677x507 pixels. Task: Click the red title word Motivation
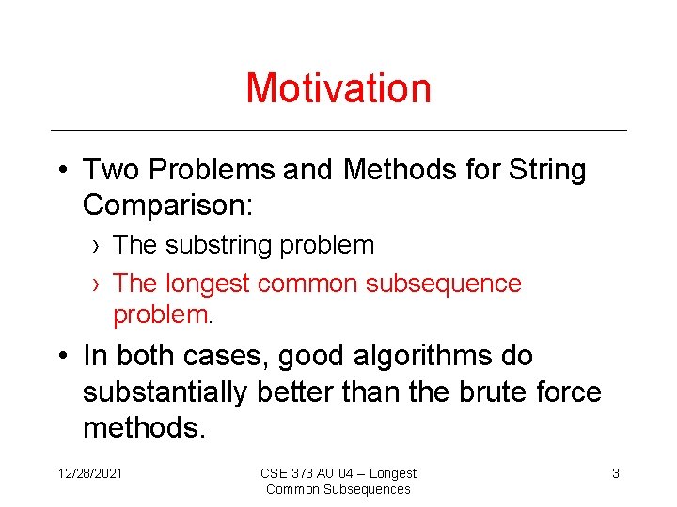[338, 88]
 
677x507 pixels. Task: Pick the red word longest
[208, 284]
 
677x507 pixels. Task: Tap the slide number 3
[616, 474]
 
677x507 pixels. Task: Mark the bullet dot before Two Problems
[60, 171]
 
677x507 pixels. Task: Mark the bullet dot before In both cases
[60, 357]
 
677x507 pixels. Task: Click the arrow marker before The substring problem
[98, 246]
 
